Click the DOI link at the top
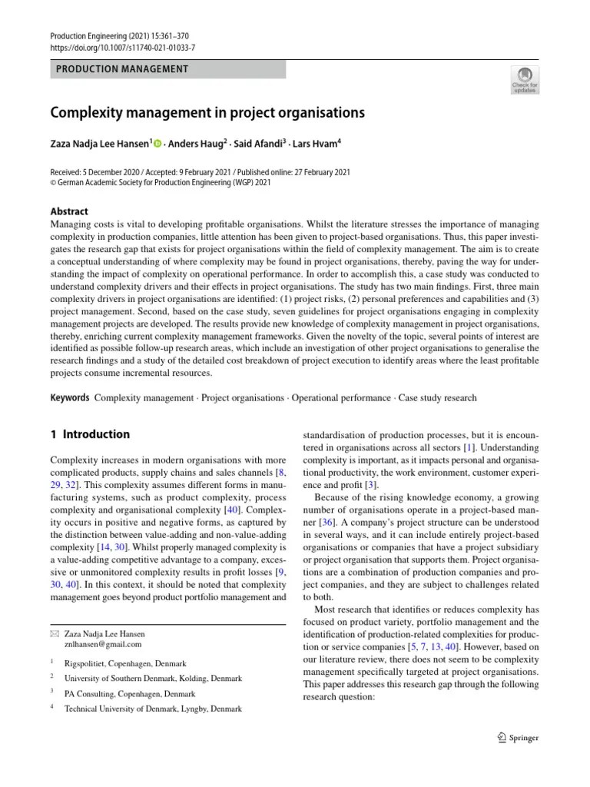(122, 48)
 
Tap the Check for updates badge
(525, 80)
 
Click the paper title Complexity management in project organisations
(207, 113)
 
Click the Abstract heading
(69, 211)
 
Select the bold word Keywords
(70, 398)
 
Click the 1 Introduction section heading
(90, 434)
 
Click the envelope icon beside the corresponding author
(54, 634)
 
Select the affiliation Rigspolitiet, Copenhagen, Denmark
(125, 663)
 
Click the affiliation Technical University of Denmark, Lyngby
(153, 709)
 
